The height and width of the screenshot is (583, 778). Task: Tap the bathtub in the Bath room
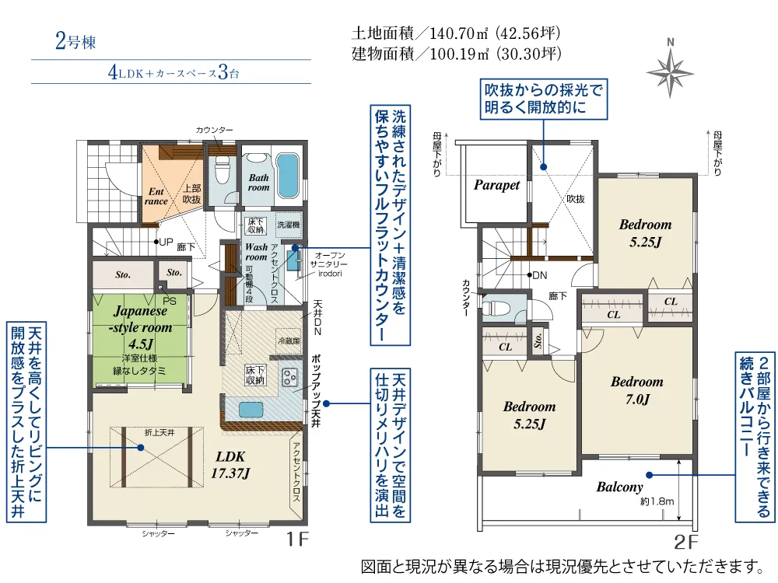point(288,178)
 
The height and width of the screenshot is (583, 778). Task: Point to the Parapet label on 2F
point(496,186)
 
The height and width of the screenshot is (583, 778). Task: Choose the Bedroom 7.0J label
point(636,390)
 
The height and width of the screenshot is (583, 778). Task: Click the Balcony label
point(620,487)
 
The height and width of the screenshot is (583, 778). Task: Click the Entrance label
point(156,195)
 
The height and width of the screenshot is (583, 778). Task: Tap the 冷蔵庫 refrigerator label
point(288,341)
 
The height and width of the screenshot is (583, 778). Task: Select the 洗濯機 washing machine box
point(288,225)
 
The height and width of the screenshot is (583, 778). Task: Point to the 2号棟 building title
point(75,42)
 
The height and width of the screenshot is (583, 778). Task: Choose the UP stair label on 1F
point(163,242)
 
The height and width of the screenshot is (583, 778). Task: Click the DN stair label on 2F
point(538,275)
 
